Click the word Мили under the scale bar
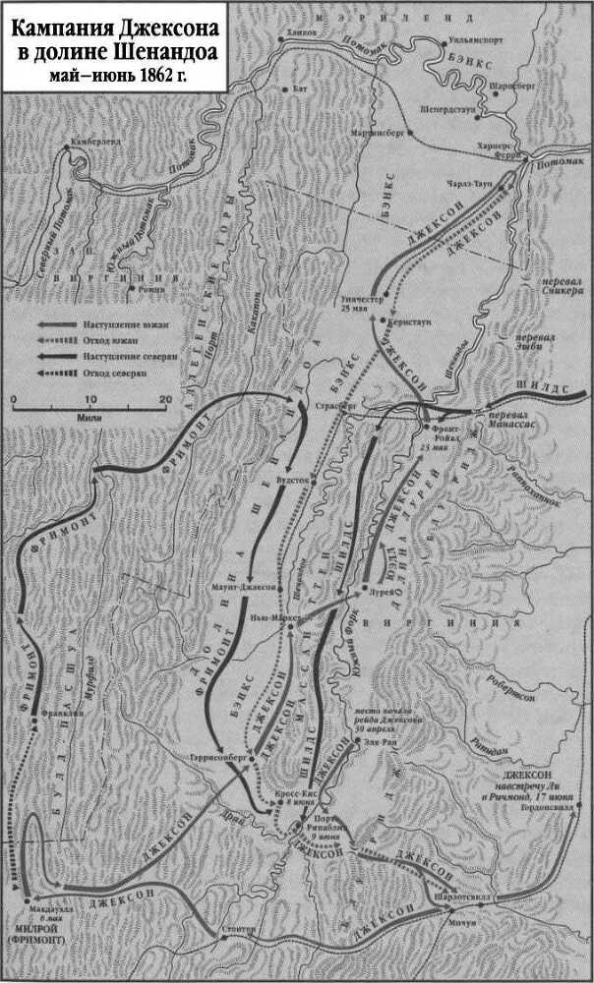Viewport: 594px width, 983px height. tap(89, 416)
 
